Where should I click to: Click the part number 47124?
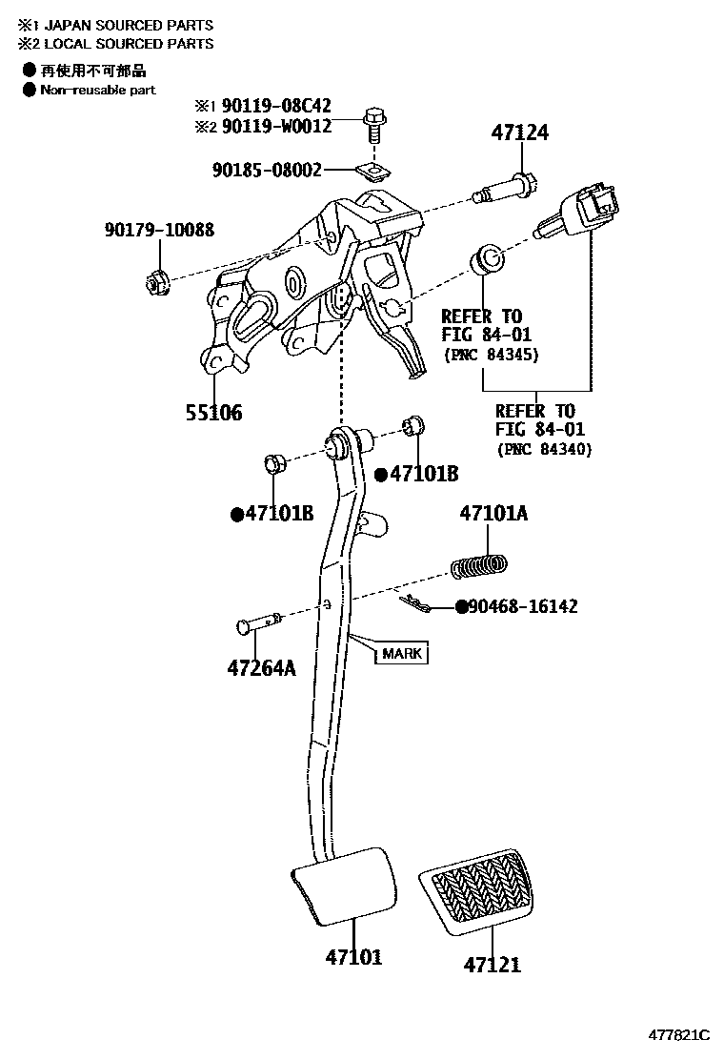(520, 133)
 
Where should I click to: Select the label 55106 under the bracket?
(213, 413)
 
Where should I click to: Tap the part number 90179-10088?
(159, 230)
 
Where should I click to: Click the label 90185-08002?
(267, 171)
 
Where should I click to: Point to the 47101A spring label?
(493, 514)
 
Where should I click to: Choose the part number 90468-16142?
(523, 606)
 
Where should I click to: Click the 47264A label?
(261, 668)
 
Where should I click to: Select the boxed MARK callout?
(401, 654)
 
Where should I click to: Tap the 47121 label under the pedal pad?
(493, 965)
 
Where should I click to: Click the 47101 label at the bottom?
(353, 956)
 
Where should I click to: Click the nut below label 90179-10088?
(157, 281)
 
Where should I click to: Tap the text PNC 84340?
(544, 450)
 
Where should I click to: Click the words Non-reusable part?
(97, 90)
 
